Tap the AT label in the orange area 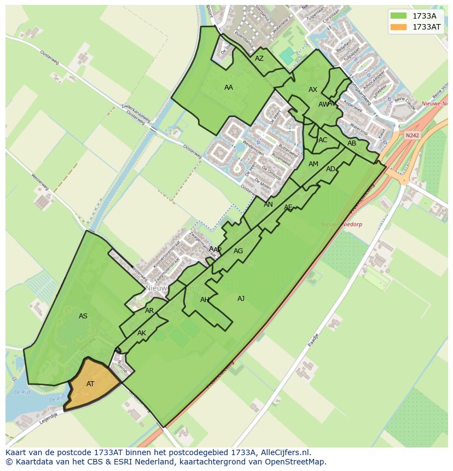(90, 384)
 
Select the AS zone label (83, 316)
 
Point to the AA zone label (229, 88)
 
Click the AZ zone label (259, 59)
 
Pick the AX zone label (313, 90)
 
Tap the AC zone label (323, 140)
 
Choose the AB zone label (352, 144)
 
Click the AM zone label (313, 164)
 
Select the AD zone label (330, 169)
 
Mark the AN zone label (268, 205)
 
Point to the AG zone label (238, 251)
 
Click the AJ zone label (241, 299)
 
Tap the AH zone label (205, 300)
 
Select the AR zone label (149, 311)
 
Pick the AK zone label (142, 333)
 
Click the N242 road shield (412, 135)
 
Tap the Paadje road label (313, 339)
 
